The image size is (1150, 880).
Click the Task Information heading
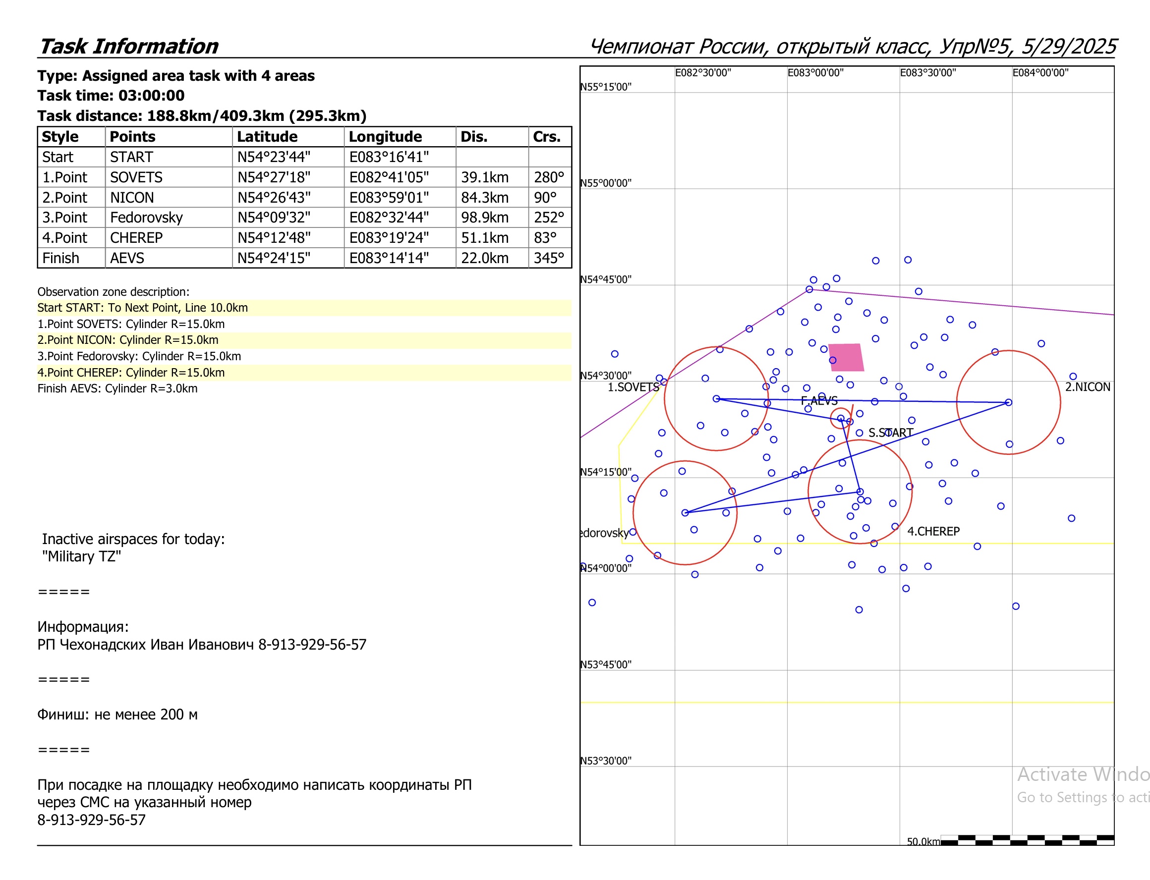(128, 46)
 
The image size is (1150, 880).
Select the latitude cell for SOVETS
(274, 177)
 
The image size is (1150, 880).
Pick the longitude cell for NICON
(389, 198)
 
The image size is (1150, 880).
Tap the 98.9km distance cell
(485, 218)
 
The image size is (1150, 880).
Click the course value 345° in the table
(549, 258)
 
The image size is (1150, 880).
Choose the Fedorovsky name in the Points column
(146, 218)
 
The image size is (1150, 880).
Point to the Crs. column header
(546, 137)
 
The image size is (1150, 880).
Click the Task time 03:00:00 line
(111, 95)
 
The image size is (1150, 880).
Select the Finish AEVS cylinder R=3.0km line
(117, 388)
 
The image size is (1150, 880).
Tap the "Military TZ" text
(81, 556)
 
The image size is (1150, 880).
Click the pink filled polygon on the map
(845, 357)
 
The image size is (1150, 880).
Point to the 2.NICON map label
(1087, 386)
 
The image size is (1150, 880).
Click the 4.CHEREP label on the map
(933, 531)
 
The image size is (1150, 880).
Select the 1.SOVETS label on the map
(633, 387)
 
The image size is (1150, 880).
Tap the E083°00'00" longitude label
(815, 73)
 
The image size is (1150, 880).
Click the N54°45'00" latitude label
(606, 279)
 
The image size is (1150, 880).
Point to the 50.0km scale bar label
(923, 841)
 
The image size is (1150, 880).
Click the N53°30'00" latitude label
(606, 761)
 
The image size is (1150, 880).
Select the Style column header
(60, 137)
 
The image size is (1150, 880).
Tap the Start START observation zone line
(142, 308)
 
